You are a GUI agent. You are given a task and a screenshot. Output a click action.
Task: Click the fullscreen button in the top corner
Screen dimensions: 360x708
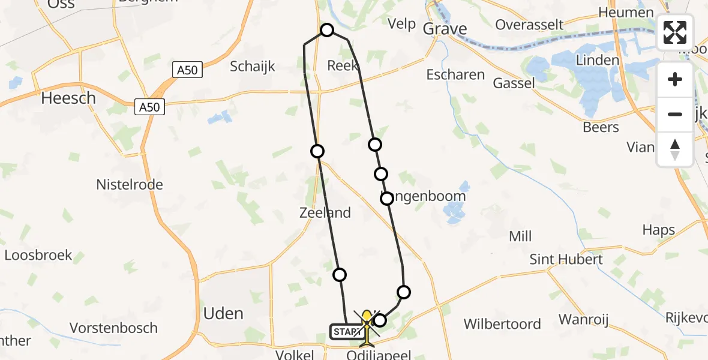[675, 32]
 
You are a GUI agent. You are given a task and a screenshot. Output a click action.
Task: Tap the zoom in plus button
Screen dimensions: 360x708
[675, 80]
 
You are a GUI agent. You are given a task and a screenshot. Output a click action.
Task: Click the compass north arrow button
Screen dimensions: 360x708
[675, 149]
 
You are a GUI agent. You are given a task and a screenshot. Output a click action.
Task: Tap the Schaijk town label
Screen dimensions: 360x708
[253, 67]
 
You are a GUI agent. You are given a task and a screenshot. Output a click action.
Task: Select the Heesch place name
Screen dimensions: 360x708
[68, 98]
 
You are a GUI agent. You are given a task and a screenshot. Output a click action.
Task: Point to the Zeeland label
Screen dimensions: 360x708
[325, 212]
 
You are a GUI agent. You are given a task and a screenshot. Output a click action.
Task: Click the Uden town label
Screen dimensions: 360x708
[223, 314]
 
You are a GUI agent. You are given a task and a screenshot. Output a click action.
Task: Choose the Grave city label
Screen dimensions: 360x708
[445, 28]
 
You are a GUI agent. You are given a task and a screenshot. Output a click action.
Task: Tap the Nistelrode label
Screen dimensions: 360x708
[130, 185]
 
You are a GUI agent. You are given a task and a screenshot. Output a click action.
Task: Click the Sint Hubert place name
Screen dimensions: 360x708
[566, 259]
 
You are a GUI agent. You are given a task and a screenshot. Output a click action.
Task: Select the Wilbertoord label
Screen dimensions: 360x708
[502, 325]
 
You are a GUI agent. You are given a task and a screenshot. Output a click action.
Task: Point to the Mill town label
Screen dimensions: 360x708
[520, 236]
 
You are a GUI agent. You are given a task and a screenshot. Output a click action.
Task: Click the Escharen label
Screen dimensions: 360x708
[455, 75]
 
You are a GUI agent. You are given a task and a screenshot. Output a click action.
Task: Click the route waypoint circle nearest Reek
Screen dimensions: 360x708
[327, 30]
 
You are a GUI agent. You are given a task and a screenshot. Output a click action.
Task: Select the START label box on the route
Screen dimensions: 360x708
[344, 332]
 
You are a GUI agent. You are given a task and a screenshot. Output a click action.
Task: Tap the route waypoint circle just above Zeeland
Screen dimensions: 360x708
[317, 151]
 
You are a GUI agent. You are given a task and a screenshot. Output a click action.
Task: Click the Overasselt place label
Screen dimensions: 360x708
[530, 25]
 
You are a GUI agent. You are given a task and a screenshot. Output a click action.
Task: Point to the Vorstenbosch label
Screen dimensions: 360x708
[113, 328]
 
